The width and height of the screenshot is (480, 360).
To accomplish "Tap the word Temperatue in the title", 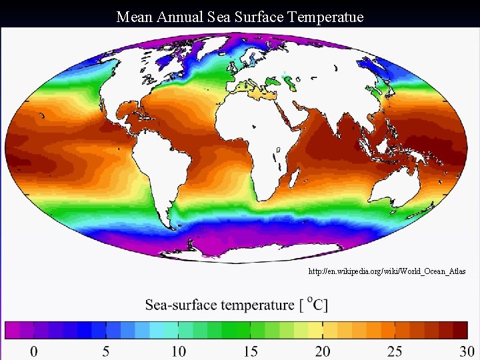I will pos(326,17).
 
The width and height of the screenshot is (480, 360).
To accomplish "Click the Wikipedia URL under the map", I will pos(387,272).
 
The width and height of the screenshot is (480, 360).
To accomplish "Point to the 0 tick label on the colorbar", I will pos(33,351).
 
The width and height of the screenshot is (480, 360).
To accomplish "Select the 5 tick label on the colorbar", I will pos(105,351).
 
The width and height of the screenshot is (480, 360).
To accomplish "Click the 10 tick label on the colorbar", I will pos(178,351).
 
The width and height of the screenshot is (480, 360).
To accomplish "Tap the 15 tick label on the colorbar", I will pos(250,351).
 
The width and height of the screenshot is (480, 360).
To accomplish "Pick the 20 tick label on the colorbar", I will pos(323,351).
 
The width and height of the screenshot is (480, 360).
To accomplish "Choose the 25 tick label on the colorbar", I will pos(395,351).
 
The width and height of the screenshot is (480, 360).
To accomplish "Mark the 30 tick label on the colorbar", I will pos(467,351).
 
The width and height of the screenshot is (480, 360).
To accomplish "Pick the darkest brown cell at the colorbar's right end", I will pos(460,329).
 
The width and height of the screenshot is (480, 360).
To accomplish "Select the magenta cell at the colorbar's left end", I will pos(12,329).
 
